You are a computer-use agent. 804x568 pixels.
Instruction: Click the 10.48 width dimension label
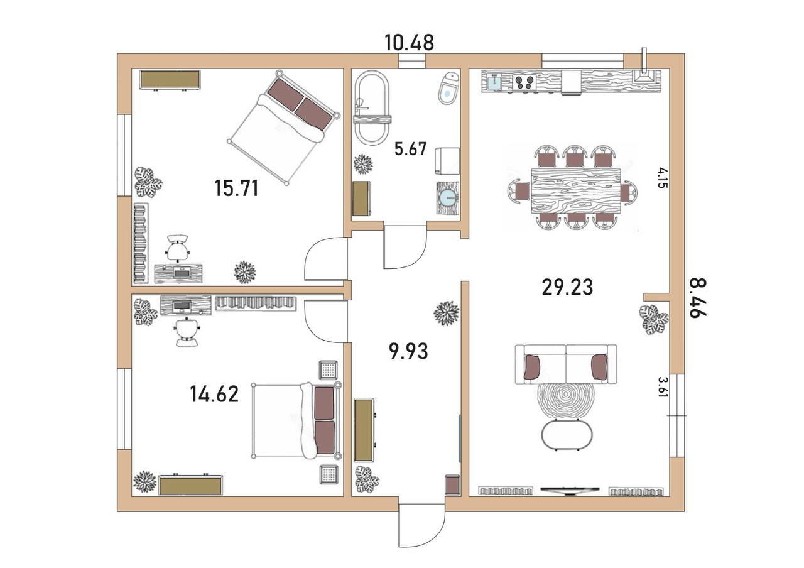[x=409, y=43]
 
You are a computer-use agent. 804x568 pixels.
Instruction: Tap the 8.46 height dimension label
[x=698, y=298]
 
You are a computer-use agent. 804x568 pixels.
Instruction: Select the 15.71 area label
[x=237, y=188]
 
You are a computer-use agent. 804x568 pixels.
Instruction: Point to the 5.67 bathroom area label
[x=410, y=149]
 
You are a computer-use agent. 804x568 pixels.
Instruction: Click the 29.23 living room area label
[x=567, y=288]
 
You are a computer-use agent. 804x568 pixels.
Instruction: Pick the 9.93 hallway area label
[x=408, y=351]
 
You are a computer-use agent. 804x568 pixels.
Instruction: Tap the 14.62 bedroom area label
[x=214, y=394]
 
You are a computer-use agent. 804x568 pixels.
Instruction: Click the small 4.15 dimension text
[x=662, y=178]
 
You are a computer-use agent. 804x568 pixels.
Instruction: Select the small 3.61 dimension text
[x=662, y=386]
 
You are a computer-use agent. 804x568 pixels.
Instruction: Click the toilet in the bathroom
[x=448, y=89]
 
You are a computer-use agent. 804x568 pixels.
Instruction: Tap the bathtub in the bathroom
[x=371, y=107]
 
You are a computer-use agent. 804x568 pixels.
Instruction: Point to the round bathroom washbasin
[x=448, y=198]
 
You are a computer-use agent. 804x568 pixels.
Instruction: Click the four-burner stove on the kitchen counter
[x=525, y=82]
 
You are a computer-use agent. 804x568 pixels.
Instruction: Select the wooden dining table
[x=576, y=190]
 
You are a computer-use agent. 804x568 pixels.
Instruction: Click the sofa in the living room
[x=566, y=364]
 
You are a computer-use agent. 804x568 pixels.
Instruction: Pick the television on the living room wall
[x=570, y=491]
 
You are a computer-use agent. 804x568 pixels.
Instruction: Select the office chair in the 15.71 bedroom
[x=178, y=248]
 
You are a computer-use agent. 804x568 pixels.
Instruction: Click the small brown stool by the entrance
[x=452, y=485]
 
